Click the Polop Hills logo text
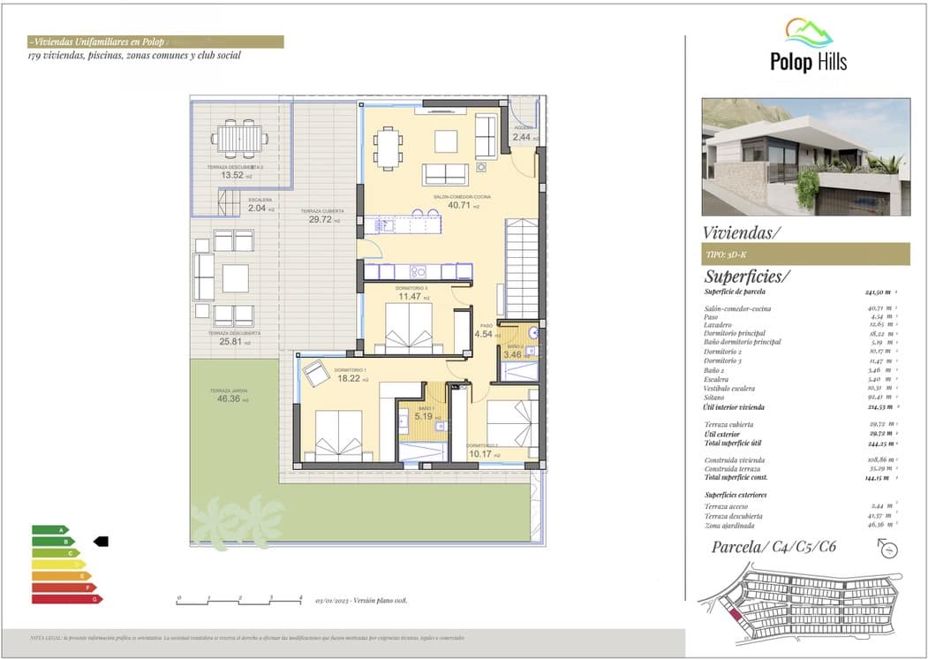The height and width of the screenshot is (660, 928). [807, 62]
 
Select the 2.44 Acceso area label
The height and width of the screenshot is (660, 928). [521, 137]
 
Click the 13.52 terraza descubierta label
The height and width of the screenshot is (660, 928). [233, 175]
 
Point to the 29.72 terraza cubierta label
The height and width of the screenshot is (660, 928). [321, 220]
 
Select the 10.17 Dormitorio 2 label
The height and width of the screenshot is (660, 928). [482, 454]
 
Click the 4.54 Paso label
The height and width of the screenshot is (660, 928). [484, 334]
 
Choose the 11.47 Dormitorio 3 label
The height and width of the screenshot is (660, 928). [410, 297]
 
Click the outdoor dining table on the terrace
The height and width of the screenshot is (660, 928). [240, 138]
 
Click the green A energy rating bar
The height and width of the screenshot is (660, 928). [50, 530]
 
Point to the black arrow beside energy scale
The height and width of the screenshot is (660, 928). [100, 542]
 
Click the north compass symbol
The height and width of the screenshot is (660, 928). [888, 549]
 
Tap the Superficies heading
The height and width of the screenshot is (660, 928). [747, 277]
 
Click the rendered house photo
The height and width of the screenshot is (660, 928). [805, 156]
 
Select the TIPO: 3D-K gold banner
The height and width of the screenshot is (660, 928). [805, 254]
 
